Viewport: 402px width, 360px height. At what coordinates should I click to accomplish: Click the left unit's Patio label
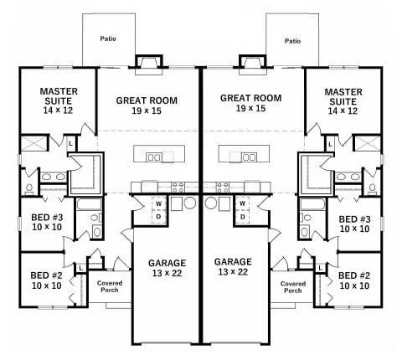108,39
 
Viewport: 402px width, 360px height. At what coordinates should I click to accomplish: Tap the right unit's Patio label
292,41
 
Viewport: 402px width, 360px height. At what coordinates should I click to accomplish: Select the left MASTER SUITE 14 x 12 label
59,100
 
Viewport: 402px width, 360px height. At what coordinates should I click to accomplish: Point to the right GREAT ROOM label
250,98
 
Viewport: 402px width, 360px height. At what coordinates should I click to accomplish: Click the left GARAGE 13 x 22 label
167,268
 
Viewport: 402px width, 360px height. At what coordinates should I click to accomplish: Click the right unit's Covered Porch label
293,287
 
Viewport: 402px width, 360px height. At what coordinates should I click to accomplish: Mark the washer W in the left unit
158,203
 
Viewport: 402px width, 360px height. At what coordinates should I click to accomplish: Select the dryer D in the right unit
243,217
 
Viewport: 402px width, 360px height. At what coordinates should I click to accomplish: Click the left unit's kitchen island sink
153,157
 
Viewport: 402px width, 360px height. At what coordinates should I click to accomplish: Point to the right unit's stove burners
223,188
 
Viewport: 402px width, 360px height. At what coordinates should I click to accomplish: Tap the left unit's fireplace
149,64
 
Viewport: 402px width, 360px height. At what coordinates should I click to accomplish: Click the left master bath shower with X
33,143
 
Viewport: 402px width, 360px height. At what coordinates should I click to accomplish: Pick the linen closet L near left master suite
71,144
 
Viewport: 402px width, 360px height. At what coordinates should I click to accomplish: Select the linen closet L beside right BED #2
321,269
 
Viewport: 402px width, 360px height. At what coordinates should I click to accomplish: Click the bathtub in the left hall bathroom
89,204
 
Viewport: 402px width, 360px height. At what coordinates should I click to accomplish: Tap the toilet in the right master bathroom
372,188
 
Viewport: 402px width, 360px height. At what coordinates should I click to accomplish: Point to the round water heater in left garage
190,203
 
